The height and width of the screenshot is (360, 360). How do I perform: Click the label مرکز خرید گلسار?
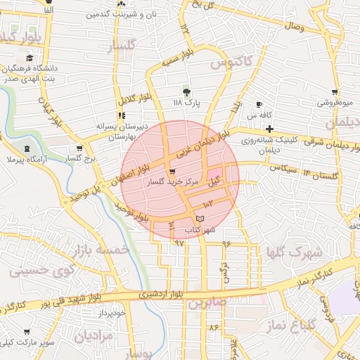pyautogui.click(x=172, y=182)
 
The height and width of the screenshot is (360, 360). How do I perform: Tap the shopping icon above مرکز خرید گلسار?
pyautogui.click(x=172, y=172)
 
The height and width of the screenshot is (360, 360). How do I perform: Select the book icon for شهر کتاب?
pyautogui.click(x=200, y=219)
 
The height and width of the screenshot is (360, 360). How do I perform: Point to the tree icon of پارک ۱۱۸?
pyautogui.click(x=186, y=92)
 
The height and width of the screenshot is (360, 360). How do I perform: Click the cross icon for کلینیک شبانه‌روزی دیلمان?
pyautogui.click(x=269, y=129)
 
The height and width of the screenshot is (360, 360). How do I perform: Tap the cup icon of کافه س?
pyautogui.click(x=259, y=105)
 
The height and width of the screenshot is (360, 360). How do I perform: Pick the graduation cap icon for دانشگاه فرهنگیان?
pyautogui.click(x=30, y=58)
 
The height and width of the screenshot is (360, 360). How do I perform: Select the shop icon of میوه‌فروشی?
pyautogui.click(x=335, y=92)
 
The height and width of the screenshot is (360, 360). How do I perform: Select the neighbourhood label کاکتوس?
pyautogui.click(x=231, y=63)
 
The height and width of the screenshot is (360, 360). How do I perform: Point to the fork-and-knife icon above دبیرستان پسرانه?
pyautogui.click(x=122, y=115)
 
